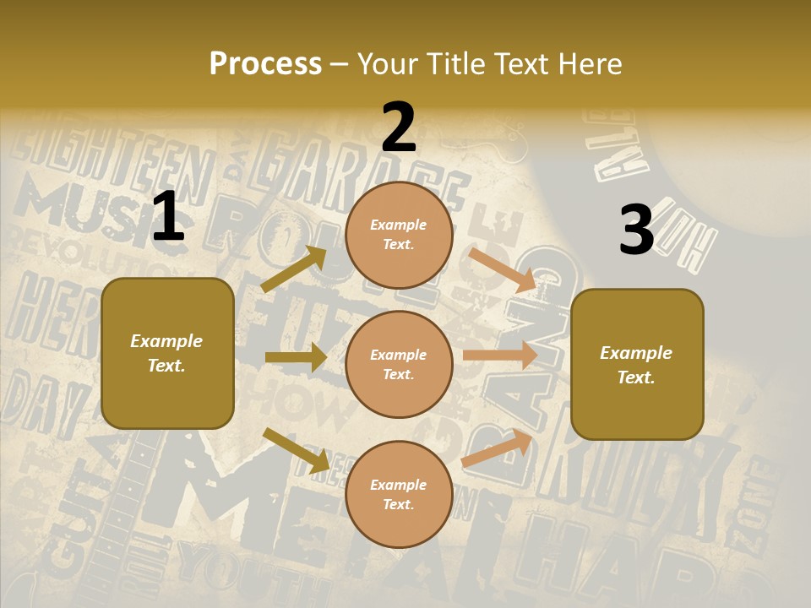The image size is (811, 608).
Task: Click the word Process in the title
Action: point(265,64)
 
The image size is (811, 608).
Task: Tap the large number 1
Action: point(168,217)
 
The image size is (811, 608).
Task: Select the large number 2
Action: point(399,128)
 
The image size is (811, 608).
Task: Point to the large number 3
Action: point(636,231)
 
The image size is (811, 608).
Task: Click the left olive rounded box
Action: point(167,353)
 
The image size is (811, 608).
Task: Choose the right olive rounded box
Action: point(637,364)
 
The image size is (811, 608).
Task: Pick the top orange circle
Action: point(399,235)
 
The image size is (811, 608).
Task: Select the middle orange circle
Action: point(399,364)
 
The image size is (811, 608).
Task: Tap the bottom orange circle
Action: point(399,494)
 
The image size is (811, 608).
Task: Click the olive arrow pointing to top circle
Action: point(294,269)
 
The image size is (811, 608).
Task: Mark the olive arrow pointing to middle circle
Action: point(296,357)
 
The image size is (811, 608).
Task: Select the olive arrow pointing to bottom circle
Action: point(296,450)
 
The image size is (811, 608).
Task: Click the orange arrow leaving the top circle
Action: point(503,269)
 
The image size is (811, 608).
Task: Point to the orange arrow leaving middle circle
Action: point(500,355)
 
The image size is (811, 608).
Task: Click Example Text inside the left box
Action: point(167,353)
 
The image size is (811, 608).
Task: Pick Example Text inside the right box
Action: point(637,365)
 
